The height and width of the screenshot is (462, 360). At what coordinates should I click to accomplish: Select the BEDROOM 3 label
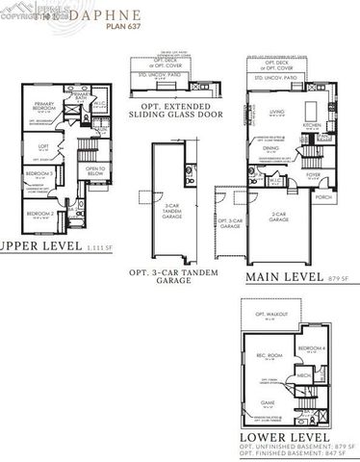point(39,174)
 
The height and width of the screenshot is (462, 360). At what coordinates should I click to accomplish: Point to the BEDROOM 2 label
point(39,213)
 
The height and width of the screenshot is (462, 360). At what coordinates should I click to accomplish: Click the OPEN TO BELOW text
point(94,171)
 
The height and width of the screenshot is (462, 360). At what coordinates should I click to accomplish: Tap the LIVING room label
point(277,113)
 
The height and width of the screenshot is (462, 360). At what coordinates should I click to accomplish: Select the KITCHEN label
point(311,126)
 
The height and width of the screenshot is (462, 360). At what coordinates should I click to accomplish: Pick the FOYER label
point(313,174)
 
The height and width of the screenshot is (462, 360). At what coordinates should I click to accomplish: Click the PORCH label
point(323,199)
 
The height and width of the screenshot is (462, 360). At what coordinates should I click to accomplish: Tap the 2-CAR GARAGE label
point(279,219)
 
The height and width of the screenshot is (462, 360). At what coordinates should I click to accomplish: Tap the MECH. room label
point(304,376)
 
